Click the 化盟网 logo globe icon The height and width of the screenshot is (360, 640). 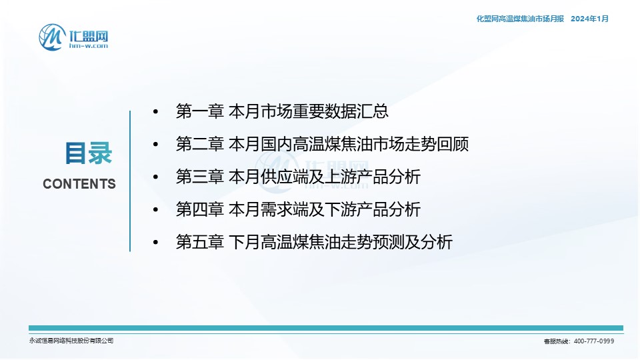(52, 37)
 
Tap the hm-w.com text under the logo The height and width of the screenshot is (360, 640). (89, 46)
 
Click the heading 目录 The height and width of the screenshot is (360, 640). (89, 153)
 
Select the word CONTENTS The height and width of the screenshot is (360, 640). (79, 184)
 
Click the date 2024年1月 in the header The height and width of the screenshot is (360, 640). (589, 19)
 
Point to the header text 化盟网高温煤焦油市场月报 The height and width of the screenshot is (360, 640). (520, 19)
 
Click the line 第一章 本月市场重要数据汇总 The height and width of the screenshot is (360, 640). (282, 111)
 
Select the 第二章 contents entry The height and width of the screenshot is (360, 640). (322, 144)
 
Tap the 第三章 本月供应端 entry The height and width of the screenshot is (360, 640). (298, 177)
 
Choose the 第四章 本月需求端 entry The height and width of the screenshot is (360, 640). (298, 209)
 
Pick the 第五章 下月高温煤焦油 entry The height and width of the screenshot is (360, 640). (314, 242)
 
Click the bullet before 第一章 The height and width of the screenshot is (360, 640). (155, 111)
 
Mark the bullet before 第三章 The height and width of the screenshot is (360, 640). (155, 177)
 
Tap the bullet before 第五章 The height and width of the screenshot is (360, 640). (155, 242)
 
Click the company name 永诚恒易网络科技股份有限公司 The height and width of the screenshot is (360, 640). (71, 341)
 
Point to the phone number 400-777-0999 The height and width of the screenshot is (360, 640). (594, 341)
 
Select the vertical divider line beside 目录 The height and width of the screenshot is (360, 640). (130, 181)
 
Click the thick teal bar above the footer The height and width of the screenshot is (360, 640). (326, 328)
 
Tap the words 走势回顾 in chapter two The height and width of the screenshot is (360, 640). (436, 144)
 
